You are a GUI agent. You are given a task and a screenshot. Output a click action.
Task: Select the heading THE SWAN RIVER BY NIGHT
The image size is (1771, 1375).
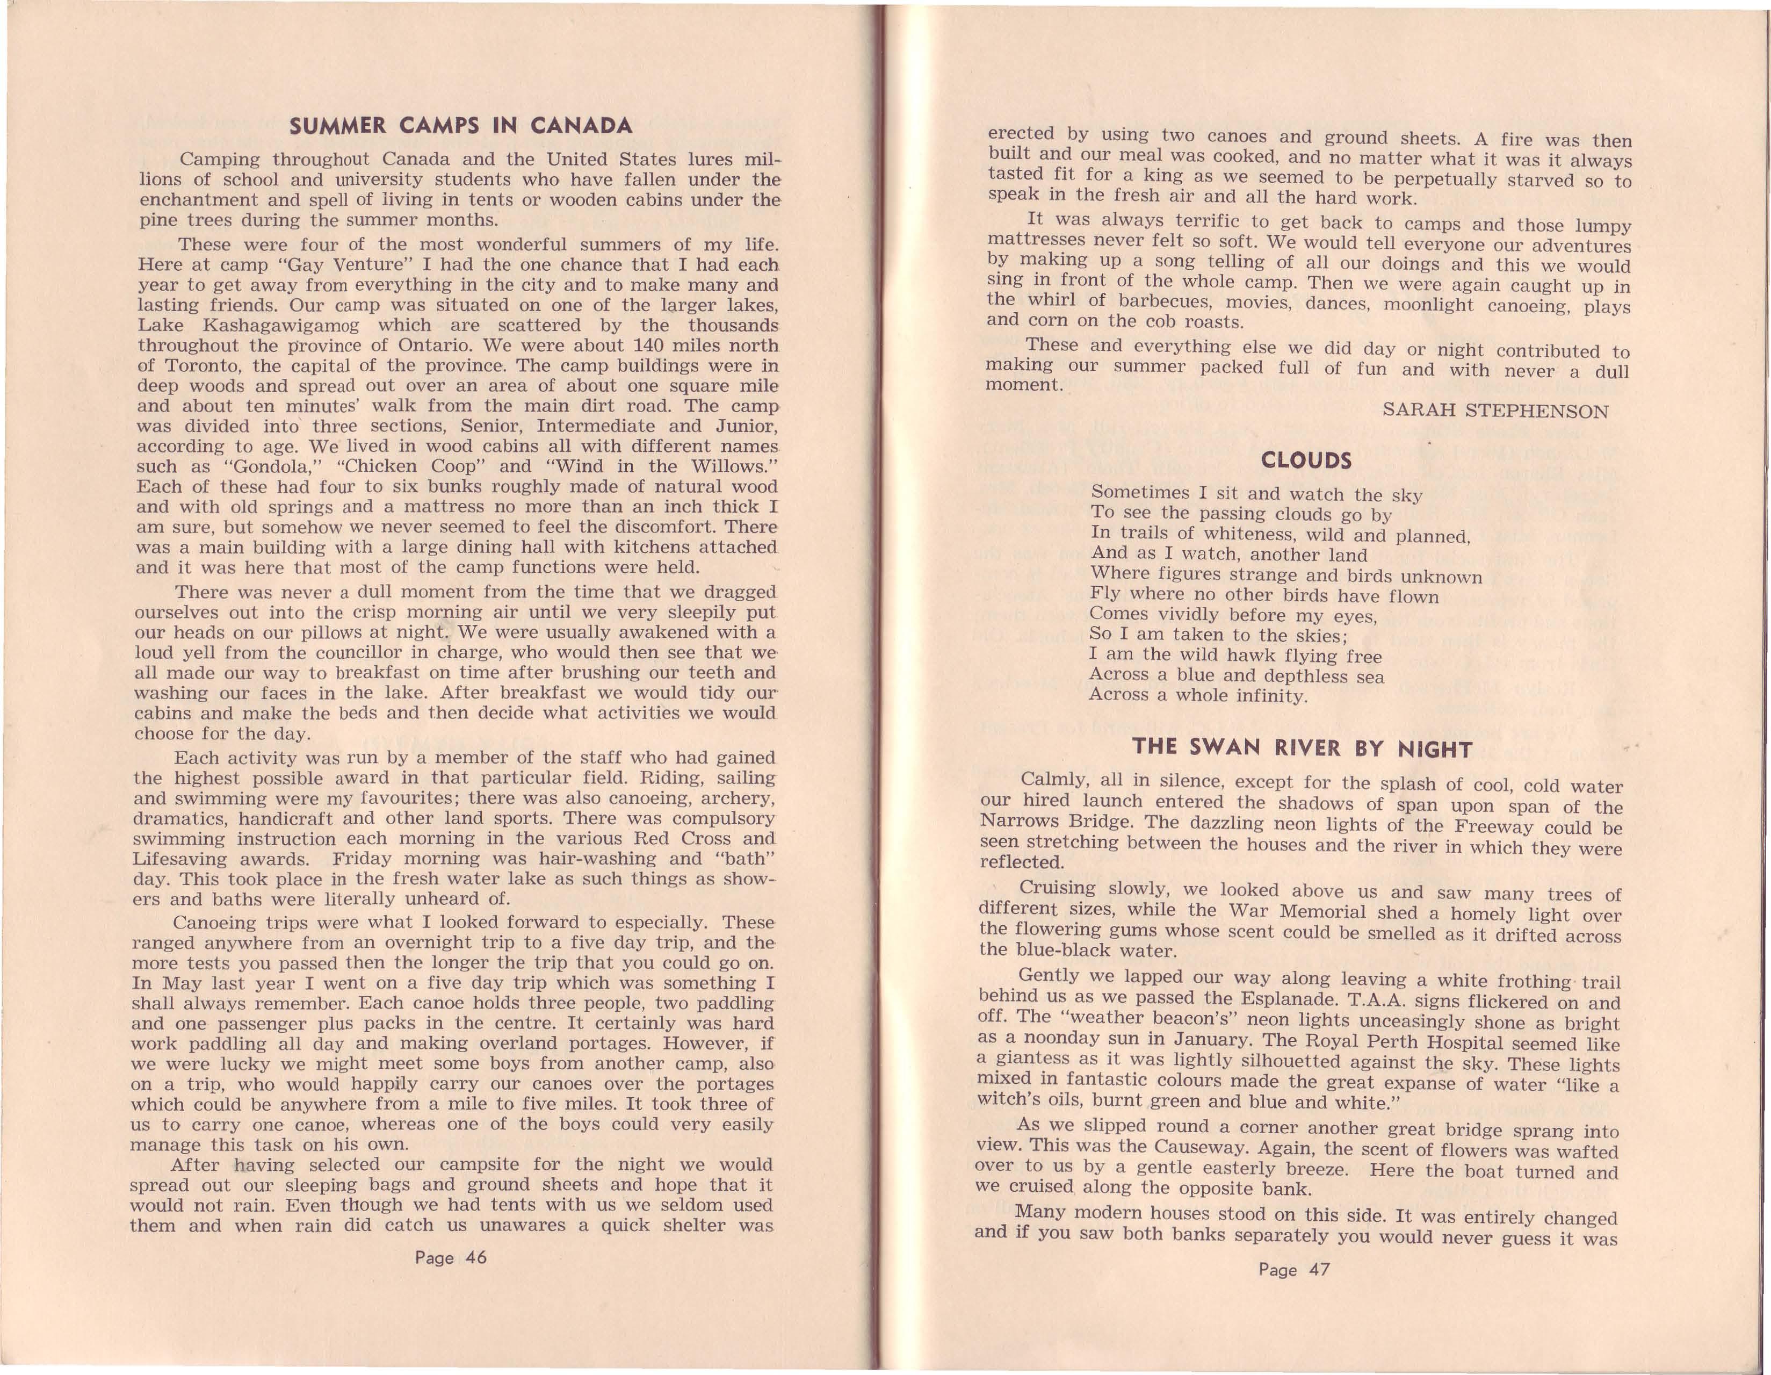click(1302, 747)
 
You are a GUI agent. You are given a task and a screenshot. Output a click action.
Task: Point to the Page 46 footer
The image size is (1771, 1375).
click(451, 1258)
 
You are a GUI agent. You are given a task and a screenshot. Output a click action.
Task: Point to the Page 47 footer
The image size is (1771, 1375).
click(1294, 1270)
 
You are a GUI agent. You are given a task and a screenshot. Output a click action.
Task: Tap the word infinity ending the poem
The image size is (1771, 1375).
click(1271, 696)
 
